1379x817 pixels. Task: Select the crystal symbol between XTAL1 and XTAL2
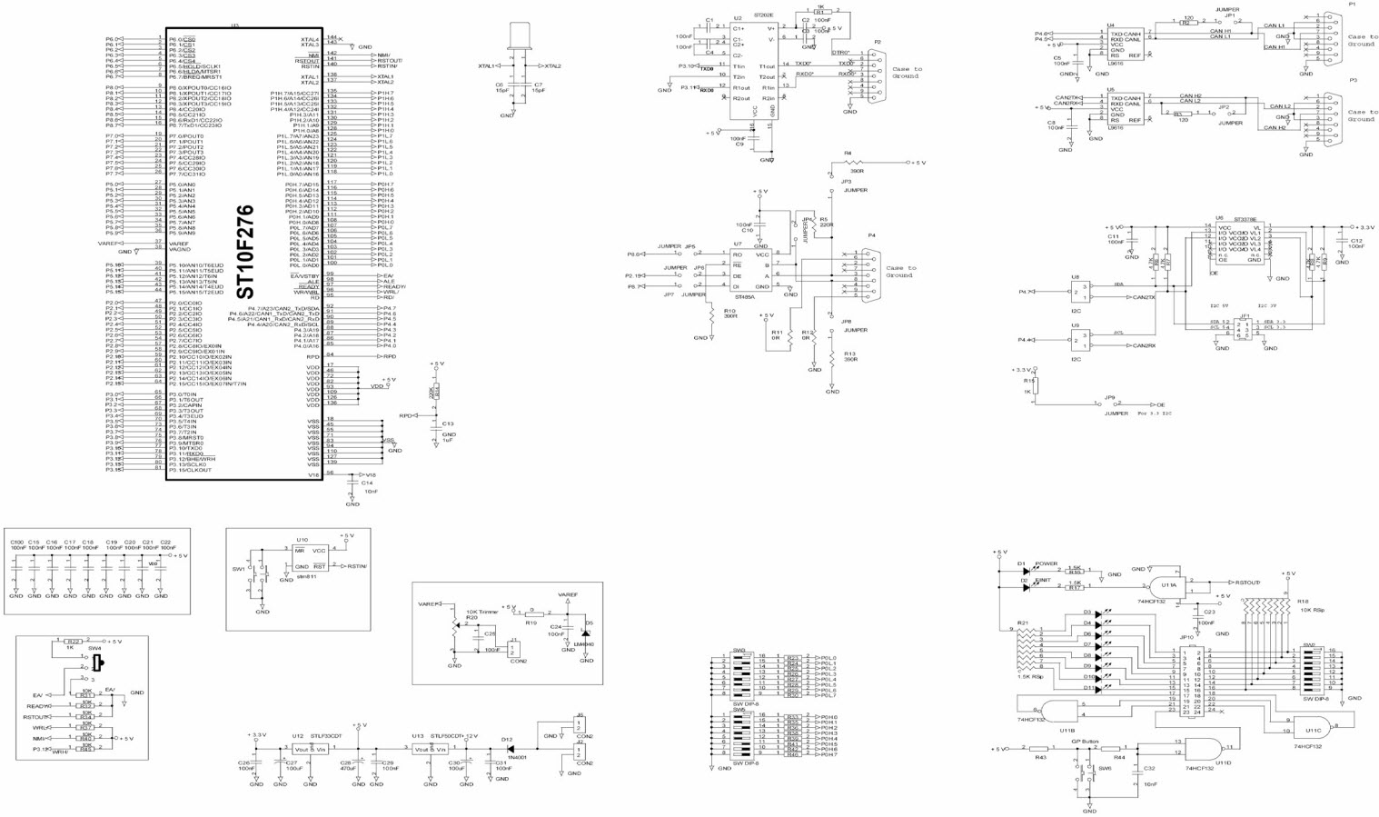pos(521,37)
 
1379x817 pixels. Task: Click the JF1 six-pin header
pos(1244,328)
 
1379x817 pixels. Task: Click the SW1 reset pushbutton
pos(255,578)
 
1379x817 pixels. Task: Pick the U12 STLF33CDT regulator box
pos(312,749)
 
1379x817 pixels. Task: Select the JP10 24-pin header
pos(1192,680)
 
